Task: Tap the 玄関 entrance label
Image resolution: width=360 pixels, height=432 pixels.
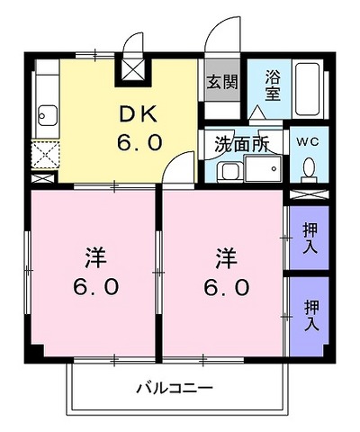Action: coord(222,81)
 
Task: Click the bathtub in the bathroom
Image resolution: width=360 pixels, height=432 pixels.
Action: coord(308,89)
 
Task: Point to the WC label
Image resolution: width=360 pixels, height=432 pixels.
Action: coord(309,141)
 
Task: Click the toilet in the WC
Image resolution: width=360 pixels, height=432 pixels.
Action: coord(309,171)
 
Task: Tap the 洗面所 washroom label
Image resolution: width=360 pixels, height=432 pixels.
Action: coord(242,145)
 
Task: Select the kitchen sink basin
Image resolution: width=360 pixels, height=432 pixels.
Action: coord(47,115)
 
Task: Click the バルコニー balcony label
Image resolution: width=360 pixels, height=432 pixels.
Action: coord(175,388)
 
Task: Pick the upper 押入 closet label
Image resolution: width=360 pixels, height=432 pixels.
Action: coord(310,238)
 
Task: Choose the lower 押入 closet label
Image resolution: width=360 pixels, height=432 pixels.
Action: coord(311,316)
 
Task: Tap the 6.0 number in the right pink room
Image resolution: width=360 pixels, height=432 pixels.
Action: coord(227,287)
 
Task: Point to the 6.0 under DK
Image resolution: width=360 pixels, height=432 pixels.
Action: coord(139,142)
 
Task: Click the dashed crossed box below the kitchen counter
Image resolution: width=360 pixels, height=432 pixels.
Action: coord(45,156)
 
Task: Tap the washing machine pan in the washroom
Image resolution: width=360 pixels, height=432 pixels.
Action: coord(264,168)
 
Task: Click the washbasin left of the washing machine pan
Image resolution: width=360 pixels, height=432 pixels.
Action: coord(230,173)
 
